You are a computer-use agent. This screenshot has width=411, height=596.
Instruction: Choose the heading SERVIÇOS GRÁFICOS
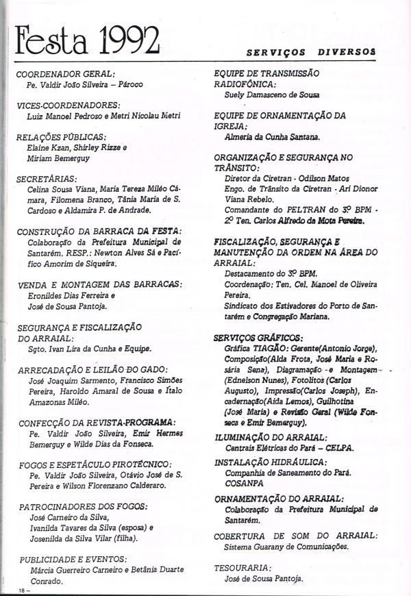tap(258, 338)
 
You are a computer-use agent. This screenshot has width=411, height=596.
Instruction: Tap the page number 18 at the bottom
tap(21, 589)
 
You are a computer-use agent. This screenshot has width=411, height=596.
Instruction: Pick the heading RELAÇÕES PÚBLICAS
tap(61, 137)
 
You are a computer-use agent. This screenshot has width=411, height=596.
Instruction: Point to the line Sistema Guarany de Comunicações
tap(286, 547)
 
